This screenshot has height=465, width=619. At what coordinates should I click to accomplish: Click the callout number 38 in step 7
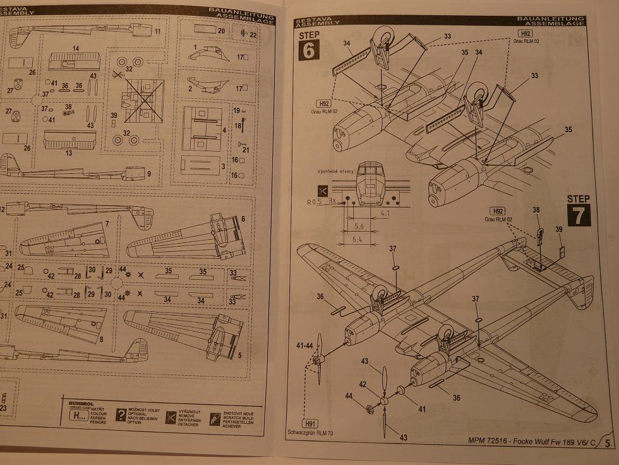[536, 209]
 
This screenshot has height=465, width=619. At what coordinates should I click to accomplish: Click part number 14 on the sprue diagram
[76, 49]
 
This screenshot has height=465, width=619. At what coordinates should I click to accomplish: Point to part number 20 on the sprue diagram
[221, 30]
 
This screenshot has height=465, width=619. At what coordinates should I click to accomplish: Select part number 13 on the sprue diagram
[68, 153]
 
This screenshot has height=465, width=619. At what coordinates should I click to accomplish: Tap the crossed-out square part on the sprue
[143, 101]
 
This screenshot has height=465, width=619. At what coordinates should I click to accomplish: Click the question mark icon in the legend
[121, 415]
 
